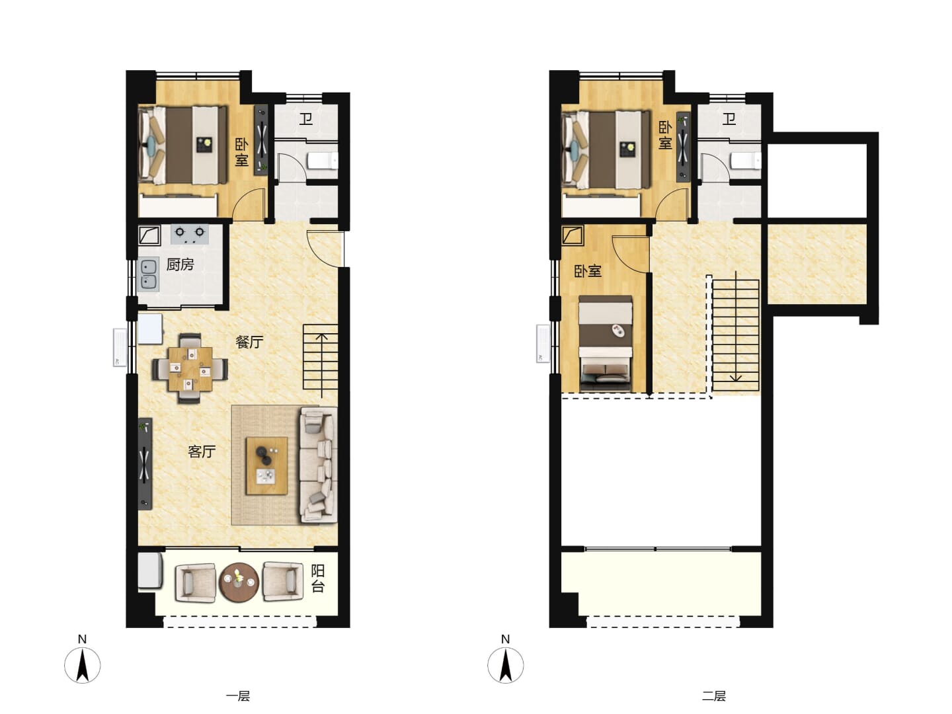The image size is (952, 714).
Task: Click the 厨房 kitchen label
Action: pos(180,264)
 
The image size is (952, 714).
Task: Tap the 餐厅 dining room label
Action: pos(249,342)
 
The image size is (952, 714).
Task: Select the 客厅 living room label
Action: pos(202,452)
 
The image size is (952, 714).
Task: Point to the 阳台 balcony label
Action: pos(318,578)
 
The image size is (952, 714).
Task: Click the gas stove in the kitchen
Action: pos(190,235)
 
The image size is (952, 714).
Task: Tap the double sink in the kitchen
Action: pos(148,274)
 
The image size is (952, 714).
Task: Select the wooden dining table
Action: pos(190,368)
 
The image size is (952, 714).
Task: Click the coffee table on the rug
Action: pos(266,465)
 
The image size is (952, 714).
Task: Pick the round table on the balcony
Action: pos(239,582)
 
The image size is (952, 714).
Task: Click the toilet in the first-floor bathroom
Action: pos(322,161)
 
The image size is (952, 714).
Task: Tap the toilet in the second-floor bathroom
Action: pos(746,161)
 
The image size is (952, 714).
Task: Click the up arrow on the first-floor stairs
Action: pos(321,366)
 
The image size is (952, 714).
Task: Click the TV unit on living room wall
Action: pos(145,463)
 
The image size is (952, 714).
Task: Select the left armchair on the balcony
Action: pos(195,582)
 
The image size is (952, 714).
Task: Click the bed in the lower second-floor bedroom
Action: pos(606,343)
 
